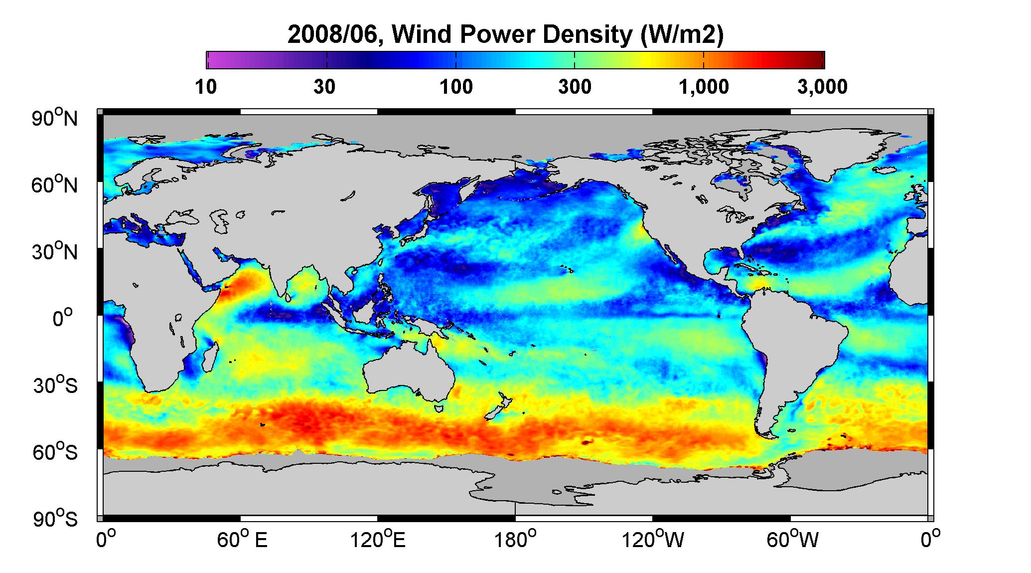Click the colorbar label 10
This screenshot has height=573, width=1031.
click(x=206, y=87)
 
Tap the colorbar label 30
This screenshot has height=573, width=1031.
click(x=324, y=87)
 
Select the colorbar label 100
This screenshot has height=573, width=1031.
click(x=456, y=87)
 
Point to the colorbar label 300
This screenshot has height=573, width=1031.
click(x=575, y=87)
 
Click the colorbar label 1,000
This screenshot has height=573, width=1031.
click(x=704, y=87)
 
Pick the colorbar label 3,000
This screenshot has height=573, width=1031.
click(x=822, y=87)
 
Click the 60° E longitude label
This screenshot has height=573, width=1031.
click(x=242, y=540)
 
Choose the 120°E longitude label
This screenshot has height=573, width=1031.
click(x=378, y=540)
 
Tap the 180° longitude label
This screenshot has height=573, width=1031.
click(x=515, y=540)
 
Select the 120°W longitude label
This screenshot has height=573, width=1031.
click(x=653, y=540)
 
